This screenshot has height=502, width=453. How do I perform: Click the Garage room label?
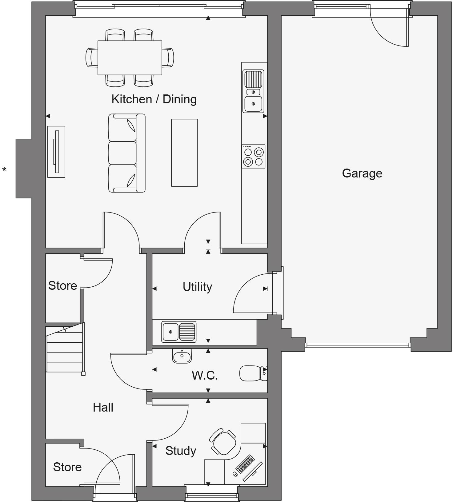click(x=362, y=173)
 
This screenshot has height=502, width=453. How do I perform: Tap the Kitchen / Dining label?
click(x=154, y=99)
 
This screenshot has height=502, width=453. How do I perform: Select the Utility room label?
click(x=197, y=287)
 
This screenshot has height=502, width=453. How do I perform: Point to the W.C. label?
click(x=205, y=375)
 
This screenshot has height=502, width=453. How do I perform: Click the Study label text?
click(x=181, y=451)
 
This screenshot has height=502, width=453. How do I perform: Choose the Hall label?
click(x=103, y=407)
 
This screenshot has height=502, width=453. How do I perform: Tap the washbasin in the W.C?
click(x=182, y=356)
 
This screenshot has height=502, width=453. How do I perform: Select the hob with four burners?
click(x=253, y=156)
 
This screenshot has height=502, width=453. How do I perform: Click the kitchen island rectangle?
click(x=184, y=153)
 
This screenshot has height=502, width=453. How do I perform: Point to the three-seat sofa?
click(x=126, y=153)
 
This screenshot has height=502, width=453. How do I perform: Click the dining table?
click(x=130, y=58)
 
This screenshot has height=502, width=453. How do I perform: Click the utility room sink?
click(x=179, y=332)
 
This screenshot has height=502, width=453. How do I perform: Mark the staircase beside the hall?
click(x=65, y=349)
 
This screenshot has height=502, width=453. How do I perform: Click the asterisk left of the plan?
click(x=4, y=169)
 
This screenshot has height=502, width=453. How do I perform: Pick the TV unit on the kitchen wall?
click(x=56, y=152)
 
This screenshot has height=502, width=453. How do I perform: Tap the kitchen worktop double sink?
click(x=253, y=91)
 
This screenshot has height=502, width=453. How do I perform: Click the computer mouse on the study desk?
click(x=235, y=474)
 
